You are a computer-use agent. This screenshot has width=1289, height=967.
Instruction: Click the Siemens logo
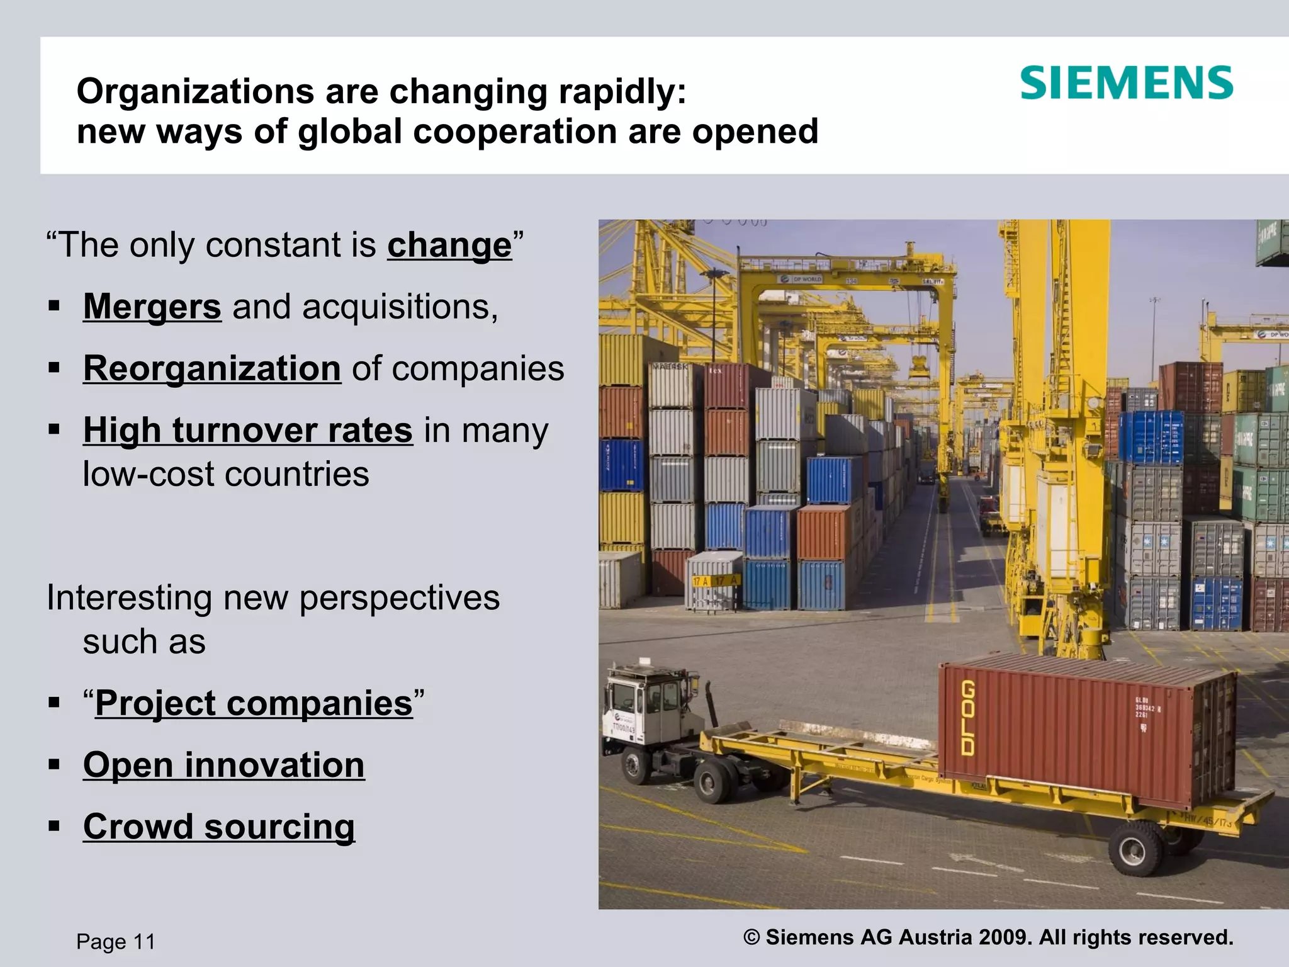[x=1126, y=83]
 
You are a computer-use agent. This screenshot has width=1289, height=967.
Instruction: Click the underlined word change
[x=449, y=245]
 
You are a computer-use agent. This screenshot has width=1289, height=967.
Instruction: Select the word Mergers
[x=152, y=307]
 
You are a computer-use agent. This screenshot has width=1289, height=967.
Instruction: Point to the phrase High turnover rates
[x=248, y=430]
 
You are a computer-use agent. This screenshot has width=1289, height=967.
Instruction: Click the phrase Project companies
[x=254, y=703]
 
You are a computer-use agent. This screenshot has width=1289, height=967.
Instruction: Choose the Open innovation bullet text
[x=223, y=764]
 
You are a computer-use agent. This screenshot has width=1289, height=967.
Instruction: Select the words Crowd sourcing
[x=219, y=826]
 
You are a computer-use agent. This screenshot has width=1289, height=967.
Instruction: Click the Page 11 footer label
[x=116, y=942]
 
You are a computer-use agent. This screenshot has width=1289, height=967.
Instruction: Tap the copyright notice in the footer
[x=988, y=937]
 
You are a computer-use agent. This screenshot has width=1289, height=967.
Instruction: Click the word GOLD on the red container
[x=968, y=718]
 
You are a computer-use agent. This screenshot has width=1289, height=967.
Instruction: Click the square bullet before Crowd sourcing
[x=54, y=826]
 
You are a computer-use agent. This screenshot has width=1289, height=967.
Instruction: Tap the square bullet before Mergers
[x=54, y=307]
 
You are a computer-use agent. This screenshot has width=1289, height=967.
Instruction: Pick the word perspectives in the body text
[x=399, y=598]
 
